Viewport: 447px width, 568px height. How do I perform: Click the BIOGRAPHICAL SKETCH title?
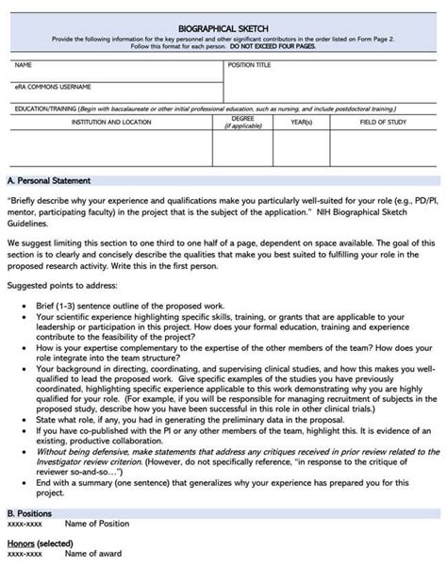point(223,28)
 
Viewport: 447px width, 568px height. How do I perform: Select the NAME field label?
point(25,66)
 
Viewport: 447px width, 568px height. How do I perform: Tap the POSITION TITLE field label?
point(249,66)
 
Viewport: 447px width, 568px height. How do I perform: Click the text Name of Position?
point(97,524)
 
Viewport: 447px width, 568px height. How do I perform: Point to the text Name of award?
point(93,556)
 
